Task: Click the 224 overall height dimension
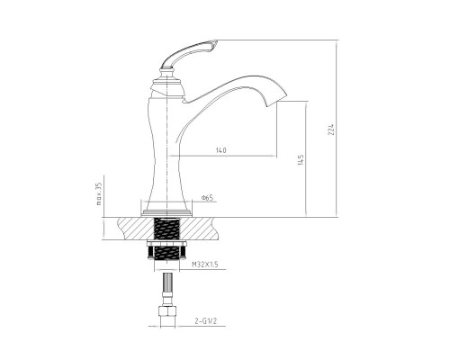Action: (331, 129)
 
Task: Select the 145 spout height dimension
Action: (301, 159)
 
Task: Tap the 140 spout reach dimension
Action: (220, 150)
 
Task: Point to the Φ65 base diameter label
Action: (207, 197)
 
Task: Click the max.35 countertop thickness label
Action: (99, 193)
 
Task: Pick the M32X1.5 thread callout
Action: (205, 265)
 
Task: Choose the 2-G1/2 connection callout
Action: (205, 321)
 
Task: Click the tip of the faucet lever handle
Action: (216, 42)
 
